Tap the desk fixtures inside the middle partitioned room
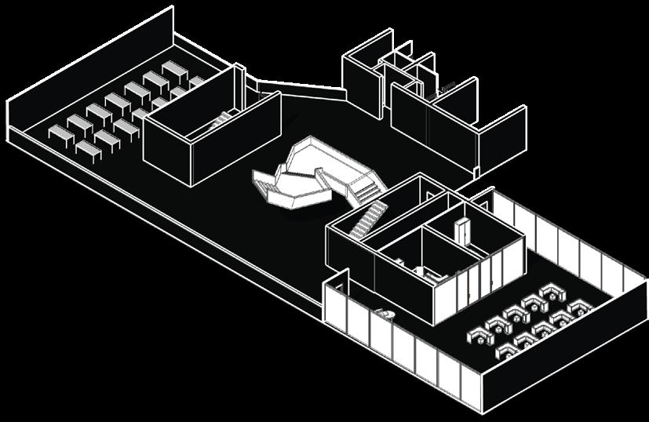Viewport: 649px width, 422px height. click(428, 271)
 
